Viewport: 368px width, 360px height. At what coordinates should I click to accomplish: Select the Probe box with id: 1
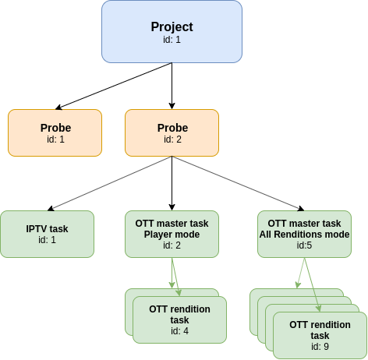click(x=55, y=132)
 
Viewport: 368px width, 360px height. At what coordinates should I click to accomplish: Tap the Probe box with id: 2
click(x=172, y=132)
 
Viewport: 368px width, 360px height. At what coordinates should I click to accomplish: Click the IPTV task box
click(x=47, y=234)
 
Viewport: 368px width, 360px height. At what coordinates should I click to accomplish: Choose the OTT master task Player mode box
click(x=172, y=234)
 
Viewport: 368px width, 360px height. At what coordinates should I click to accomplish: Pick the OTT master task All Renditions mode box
click(x=304, y=234)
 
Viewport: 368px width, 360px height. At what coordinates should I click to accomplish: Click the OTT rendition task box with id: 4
click(x=179, y=319)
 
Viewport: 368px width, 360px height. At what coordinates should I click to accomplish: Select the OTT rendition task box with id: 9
click(x=320, y=335)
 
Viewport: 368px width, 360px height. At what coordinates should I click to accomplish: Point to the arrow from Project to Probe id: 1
click(x=114, y=86)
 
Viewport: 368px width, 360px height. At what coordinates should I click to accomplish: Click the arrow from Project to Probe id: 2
click(x=172, y=86)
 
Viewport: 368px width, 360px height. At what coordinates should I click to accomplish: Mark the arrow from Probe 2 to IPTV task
click(x=109, y=183)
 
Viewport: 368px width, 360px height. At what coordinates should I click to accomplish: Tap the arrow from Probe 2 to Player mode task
click(x=172, y=183)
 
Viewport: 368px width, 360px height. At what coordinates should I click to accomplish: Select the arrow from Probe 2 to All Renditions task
click(x=238, y=183)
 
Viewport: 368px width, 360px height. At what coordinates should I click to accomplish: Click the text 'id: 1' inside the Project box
click(x=172, y=40)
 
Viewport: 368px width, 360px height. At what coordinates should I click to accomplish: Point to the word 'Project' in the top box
click(x=172, y=26)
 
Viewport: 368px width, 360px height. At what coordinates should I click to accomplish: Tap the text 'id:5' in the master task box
click(x=304, y=245)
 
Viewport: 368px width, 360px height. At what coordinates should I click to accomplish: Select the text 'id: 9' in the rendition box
click(x=320, y=347)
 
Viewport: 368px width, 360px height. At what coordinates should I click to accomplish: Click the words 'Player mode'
click(x=172, y=234)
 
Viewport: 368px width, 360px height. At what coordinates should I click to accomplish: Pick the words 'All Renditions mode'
click(x=304, y=234)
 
